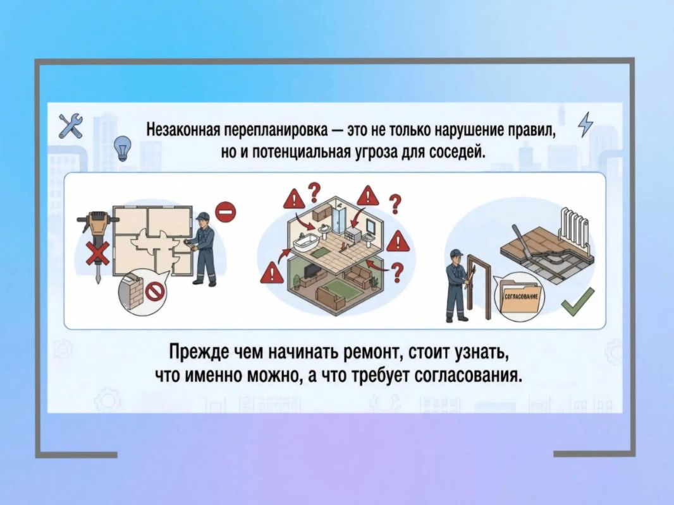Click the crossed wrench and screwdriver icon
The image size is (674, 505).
70,126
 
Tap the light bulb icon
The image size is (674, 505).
123,148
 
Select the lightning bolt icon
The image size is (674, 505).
585,124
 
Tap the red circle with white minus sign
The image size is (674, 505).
226,212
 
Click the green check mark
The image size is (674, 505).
578,302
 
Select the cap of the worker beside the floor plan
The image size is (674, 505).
202,216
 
